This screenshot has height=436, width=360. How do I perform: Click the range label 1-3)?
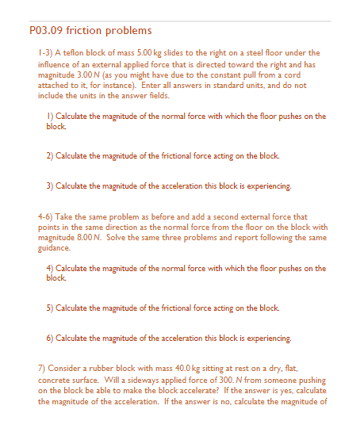(47, 53)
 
